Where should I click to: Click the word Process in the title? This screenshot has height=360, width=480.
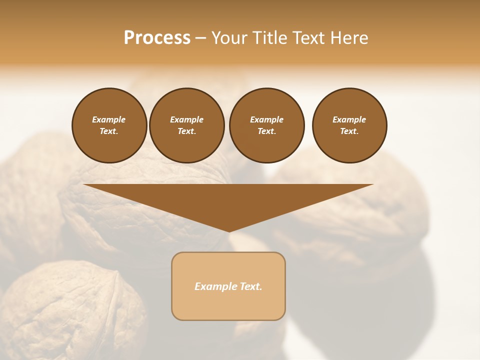pos(157,38)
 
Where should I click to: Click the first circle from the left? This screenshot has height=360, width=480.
pos(109,125)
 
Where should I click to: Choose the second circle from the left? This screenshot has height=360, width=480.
pos(186,125)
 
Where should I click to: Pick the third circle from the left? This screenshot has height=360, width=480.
pos(266,125)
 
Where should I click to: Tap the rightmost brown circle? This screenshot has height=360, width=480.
pos(349,125)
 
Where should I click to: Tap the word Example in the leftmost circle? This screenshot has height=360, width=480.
pos(109,119)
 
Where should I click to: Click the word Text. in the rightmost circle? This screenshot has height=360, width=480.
pos(349,131)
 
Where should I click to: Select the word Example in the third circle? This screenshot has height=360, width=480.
pos(266,119)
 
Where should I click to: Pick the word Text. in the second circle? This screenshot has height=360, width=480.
pos(186,131)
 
